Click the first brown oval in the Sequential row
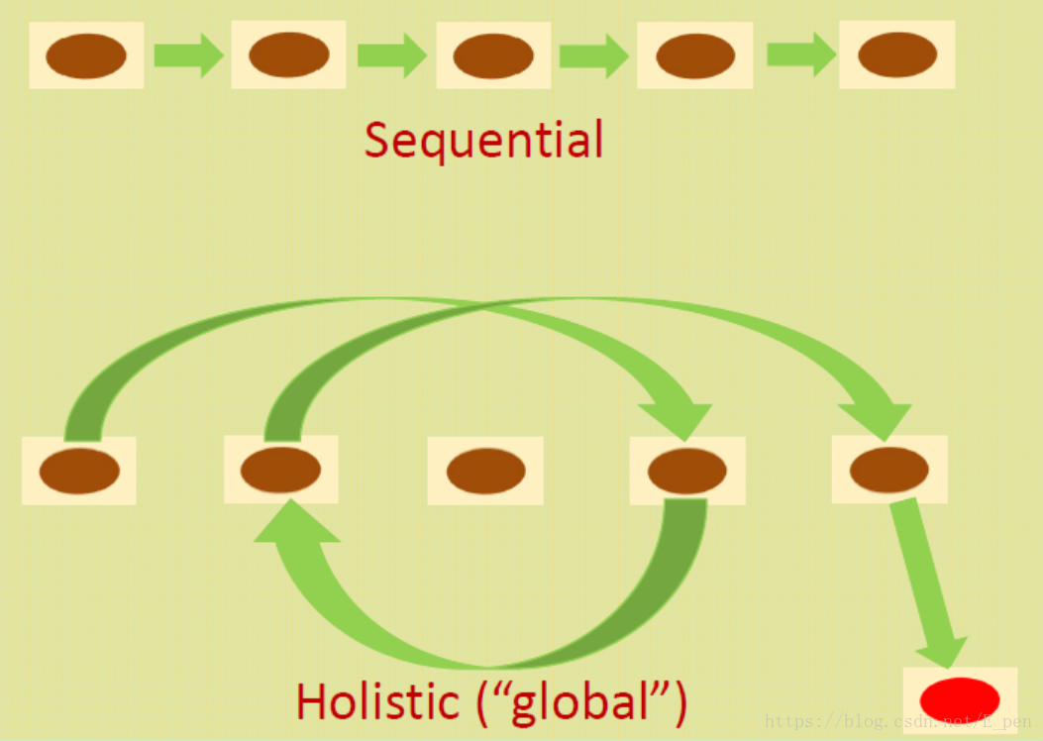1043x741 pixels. pos(86,55)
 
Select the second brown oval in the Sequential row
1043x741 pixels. pos(289,54)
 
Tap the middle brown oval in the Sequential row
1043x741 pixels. pos(493,55)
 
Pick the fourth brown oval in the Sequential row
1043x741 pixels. pos(695,55)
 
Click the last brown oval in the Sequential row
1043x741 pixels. pos(897,54)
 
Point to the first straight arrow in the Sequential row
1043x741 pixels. pos(188,55)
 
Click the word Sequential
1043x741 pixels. pos(483,140)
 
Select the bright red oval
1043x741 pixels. pos(960,697)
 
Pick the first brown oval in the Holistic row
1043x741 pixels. pos(79,472)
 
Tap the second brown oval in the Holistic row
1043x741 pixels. pos(280,470)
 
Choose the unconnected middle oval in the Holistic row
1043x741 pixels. pos(485,472)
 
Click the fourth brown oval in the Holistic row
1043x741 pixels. pos(687,472)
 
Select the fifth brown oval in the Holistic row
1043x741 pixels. pos(889,470)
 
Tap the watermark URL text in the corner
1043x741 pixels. pos(897,722)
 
